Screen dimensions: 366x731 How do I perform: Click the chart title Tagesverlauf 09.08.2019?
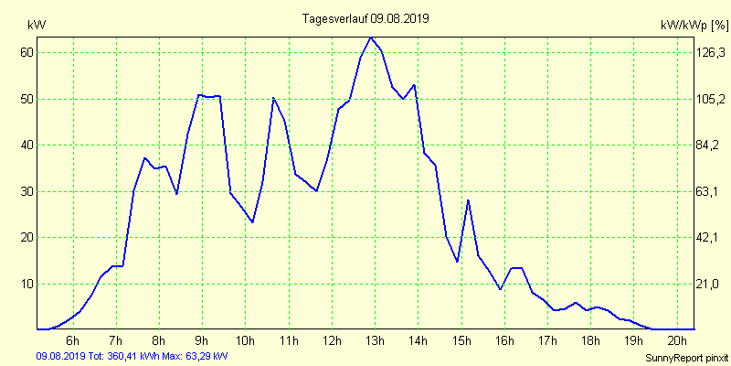click(x=365, y=18)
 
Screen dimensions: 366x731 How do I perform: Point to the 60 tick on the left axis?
click(x=26, y=52)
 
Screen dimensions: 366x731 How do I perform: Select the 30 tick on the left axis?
click(x=26, y=191)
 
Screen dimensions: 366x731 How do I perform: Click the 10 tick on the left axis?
click(x=26, y=284)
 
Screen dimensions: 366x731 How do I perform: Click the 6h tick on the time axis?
click(x=72, y=340)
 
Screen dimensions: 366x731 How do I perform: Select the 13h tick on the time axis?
click(x=376, y=340)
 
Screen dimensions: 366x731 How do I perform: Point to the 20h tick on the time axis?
click(x=677, y=340)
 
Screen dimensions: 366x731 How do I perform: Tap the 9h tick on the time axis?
click(x=202, y=340)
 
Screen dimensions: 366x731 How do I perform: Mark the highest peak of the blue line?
click(x=370, y=38)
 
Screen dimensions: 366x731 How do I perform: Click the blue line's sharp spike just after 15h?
click(x=468, y=199)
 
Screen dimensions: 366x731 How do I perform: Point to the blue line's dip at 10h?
click(x=252, y=221)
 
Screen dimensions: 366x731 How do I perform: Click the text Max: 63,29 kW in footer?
click(x=194, y=355)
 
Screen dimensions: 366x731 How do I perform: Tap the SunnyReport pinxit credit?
click(x=685, y=357)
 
